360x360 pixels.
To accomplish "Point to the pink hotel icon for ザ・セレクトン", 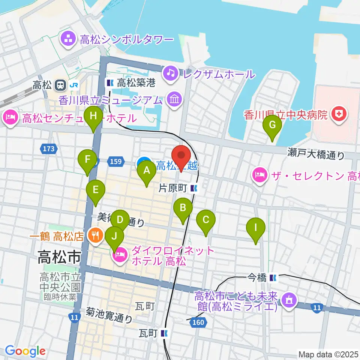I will point(259,175).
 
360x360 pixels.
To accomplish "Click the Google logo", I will point(25,351).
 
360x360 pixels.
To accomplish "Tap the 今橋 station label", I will point(257,278).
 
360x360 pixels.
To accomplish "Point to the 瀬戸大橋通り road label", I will point(316,153).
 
